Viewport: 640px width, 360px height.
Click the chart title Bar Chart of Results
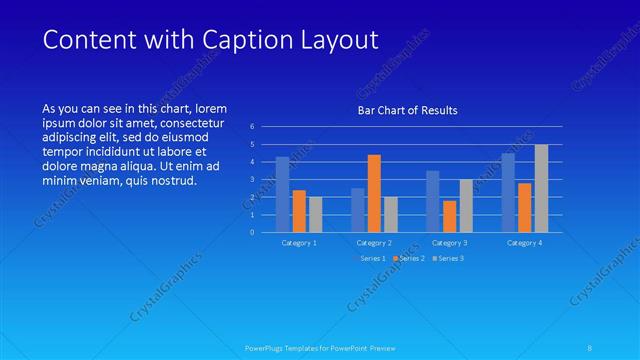click(407, 111)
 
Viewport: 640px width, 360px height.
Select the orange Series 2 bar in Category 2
click(374, 193)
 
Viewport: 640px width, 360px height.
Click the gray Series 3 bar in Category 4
click(541, 188)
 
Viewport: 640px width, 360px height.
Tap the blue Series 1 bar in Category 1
click(283, 194)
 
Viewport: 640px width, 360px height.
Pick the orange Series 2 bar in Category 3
click(449, 216)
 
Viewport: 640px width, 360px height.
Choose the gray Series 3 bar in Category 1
click(316, 214)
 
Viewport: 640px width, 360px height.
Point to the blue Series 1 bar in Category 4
click(508, 192)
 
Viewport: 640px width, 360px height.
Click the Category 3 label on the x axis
click(449, 243)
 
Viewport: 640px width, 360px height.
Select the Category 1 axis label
click(299, 243)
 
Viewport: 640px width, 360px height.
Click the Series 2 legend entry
click(409, 259)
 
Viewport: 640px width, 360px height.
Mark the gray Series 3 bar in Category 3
click(466, 205)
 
